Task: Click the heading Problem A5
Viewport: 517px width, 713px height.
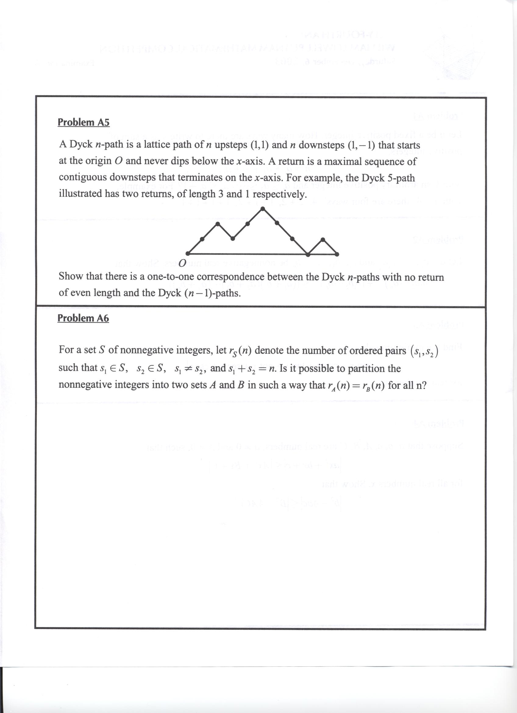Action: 84,122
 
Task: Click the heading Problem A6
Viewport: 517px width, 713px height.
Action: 83,318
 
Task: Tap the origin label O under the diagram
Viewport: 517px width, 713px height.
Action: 182,263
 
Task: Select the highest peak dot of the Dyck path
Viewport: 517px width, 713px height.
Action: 263,208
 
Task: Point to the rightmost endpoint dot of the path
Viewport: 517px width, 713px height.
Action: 337,254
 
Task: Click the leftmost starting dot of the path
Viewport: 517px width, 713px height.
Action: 188,253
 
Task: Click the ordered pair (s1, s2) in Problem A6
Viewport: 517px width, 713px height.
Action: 425,351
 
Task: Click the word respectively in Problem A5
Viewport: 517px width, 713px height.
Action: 280,194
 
